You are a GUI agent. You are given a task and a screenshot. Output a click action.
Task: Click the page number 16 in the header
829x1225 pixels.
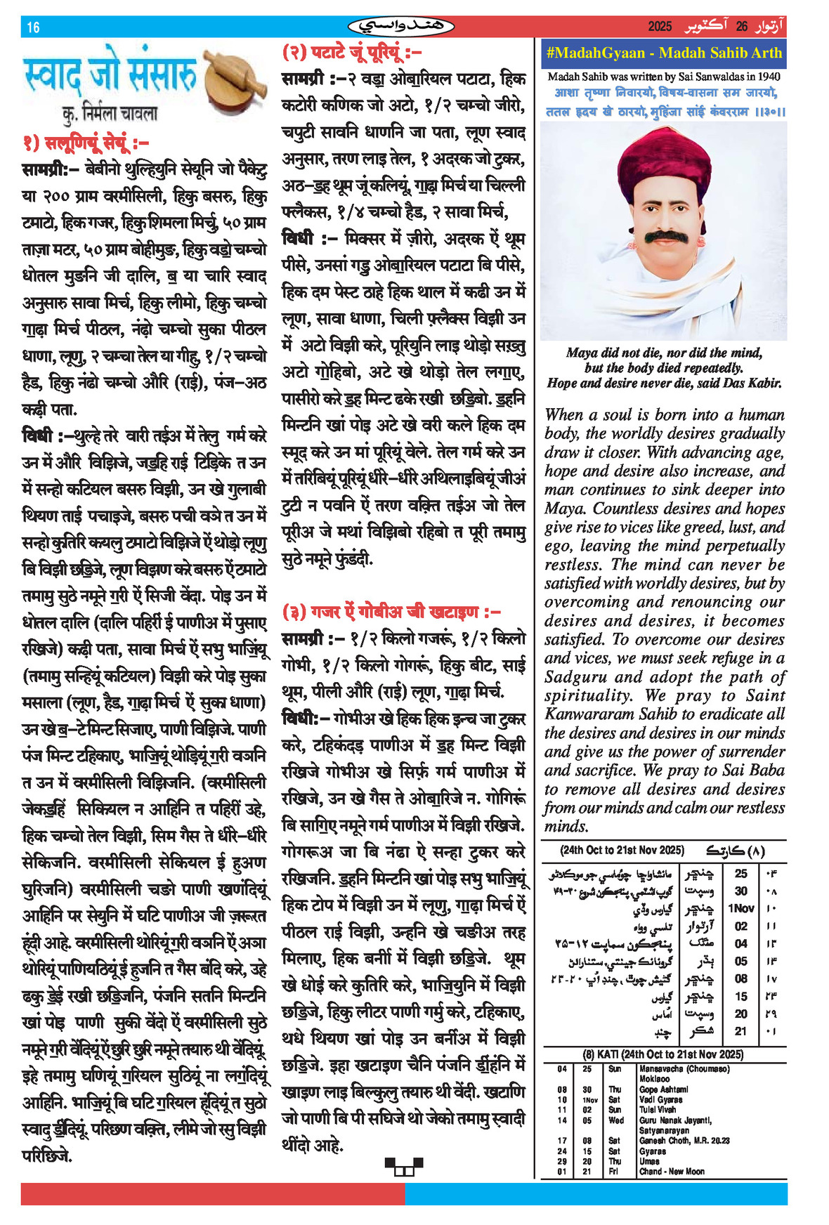click(33, 27)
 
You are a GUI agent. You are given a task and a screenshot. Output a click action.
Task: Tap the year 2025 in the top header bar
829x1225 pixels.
click(660, 27)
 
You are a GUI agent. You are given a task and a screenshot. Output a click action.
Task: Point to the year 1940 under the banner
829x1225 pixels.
click(769, 77)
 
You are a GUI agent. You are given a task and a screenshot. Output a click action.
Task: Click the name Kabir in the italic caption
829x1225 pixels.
click(764, 383)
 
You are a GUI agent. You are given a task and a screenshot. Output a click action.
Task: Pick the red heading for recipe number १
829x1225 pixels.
click(86, 143)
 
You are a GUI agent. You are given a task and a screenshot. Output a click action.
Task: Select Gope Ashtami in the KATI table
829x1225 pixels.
click(663, 1089)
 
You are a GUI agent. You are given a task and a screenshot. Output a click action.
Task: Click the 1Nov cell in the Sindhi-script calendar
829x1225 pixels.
click(740, 908)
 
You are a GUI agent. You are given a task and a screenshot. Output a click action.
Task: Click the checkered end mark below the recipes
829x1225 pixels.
click(404, 1166)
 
